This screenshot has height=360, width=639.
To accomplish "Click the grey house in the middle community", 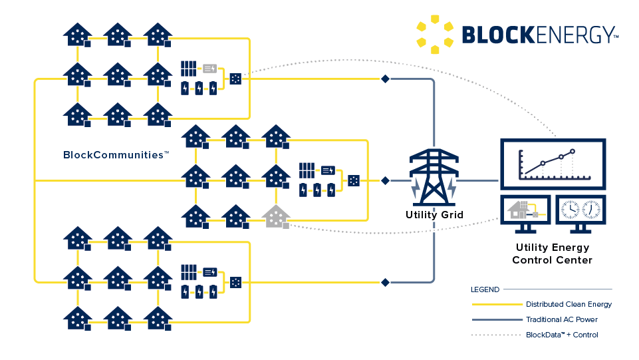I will click(x=276, y=216).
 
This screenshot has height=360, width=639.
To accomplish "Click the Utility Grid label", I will click(x=434, y=215).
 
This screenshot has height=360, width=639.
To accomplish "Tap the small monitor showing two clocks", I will click(x=580, y=211).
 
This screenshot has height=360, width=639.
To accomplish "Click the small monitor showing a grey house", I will click(x=525, y=211).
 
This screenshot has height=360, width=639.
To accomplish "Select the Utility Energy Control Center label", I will click(x=552, y=254).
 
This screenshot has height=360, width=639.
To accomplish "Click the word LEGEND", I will click(x=484, y=289).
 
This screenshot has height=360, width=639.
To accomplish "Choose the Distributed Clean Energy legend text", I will click(x=569, y=304).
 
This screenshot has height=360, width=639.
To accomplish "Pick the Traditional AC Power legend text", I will click(x=562, y=319).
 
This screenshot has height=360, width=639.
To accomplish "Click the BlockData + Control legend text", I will click(x=562, y=335).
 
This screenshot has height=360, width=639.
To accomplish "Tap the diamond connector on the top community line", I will click(x=384, y=79).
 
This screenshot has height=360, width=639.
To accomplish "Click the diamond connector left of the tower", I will click(x=384, y=180).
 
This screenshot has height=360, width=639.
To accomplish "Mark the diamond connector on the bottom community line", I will click(x=384, y=282).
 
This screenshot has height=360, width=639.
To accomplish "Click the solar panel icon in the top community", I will click(x=189, y=68).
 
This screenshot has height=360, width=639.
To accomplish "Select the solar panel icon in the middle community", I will click(x=307, y=170).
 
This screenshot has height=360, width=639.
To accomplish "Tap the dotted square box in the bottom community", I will click(x=235, y=282).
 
